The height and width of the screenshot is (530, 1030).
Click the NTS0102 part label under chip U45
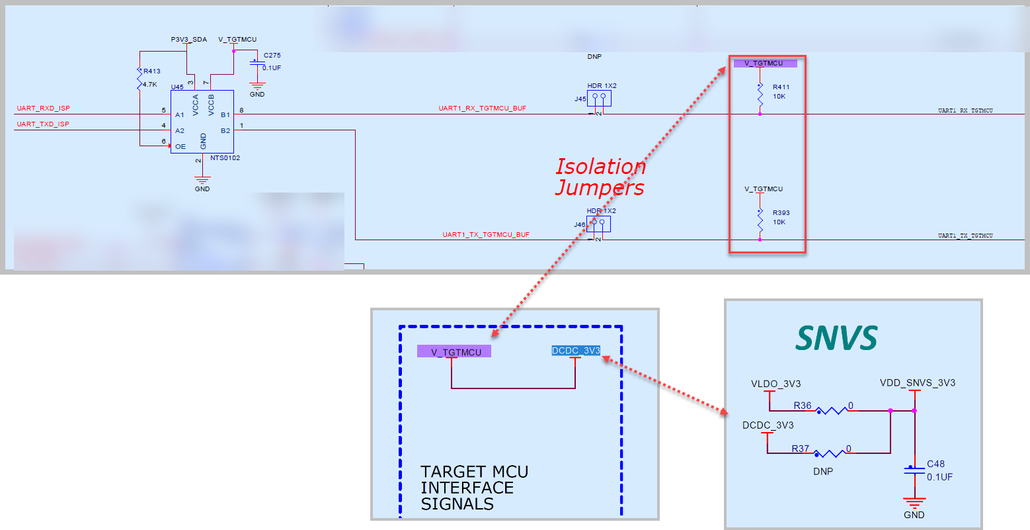pos(225,158)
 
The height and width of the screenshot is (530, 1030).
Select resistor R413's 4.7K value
pos(150,85)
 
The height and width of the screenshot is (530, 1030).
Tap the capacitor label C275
pos(272,56)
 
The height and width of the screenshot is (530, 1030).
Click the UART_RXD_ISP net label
pos(43,109)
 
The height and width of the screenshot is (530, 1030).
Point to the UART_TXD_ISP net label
pos(43,124)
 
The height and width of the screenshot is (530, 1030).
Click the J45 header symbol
pos(599,99)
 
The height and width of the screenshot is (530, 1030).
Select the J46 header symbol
pos(598,224)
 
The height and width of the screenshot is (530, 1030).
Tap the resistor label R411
pos(781,87)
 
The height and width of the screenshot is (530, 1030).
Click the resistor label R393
pos(781,213)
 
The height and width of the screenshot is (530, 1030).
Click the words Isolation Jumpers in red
pos(600,177)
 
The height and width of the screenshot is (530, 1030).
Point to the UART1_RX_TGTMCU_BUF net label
pos(482,109)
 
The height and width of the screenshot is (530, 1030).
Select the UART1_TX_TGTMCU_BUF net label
pos(486,235)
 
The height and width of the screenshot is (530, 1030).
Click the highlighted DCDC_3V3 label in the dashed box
pos(576,351)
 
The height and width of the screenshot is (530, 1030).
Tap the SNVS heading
pos(836,338)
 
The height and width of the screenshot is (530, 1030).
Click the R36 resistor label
pos(802,406)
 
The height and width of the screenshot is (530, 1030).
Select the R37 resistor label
pos(801,449)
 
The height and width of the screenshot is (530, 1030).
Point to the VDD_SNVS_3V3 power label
pos(917,383)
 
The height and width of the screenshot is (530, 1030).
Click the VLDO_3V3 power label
pos(775,384)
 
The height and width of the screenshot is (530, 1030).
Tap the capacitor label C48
pos(935,464)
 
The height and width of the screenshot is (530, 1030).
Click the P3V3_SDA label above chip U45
pos(188,40)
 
